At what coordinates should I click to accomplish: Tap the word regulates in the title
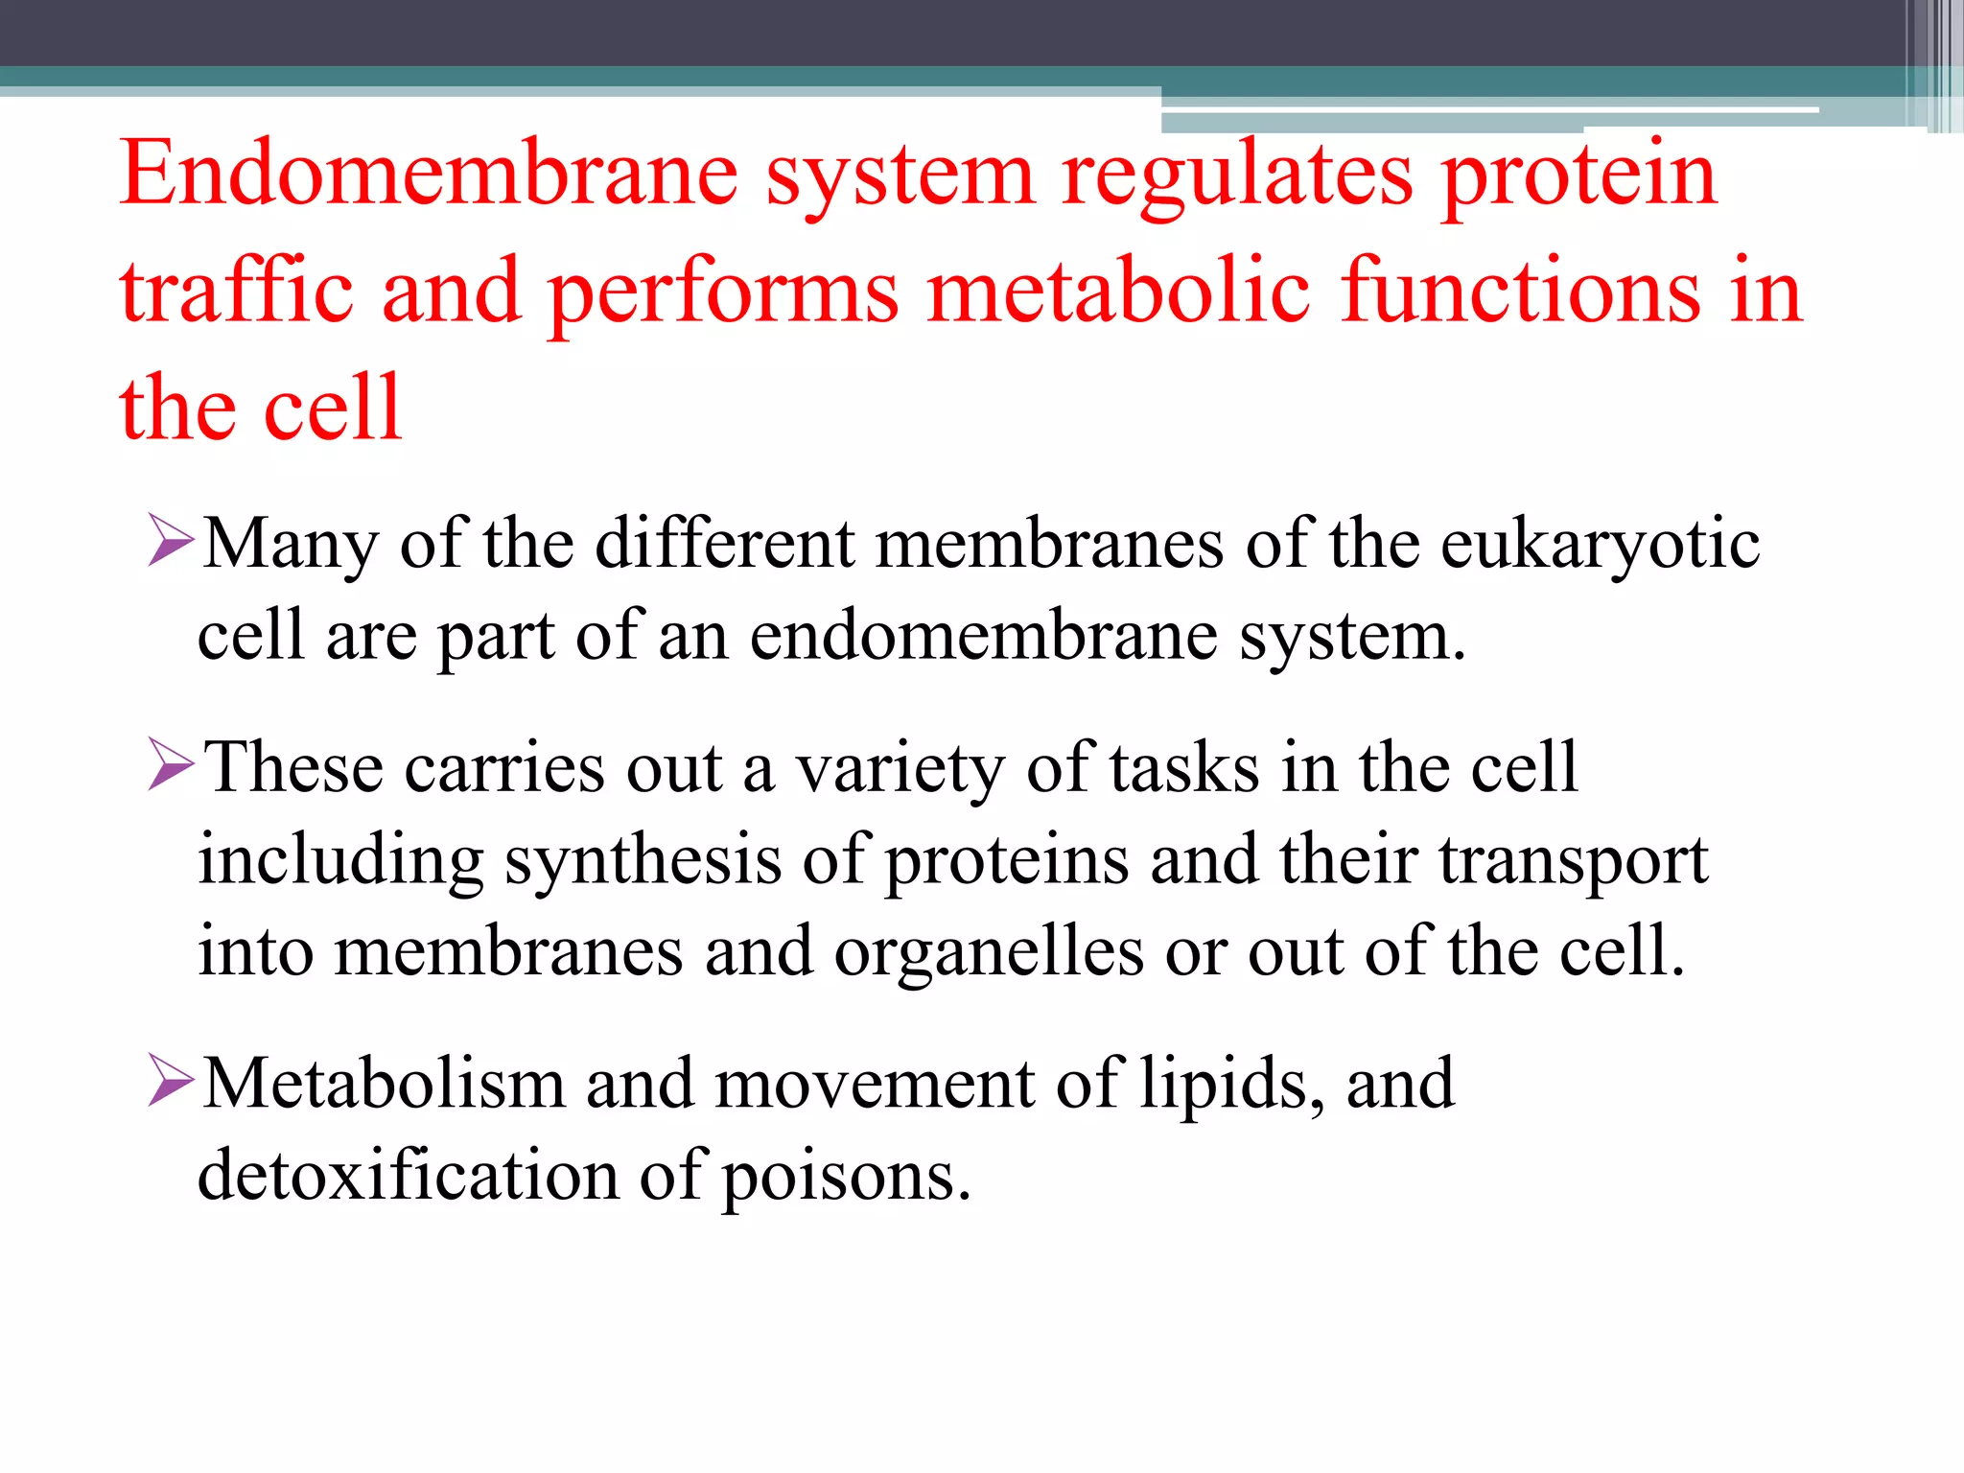tap(1237, 175)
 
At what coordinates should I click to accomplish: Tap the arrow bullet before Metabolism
tap(172, 1081)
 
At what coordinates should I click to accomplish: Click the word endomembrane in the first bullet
tap(983, 636)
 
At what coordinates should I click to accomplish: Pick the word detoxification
tap(408, 1176)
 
